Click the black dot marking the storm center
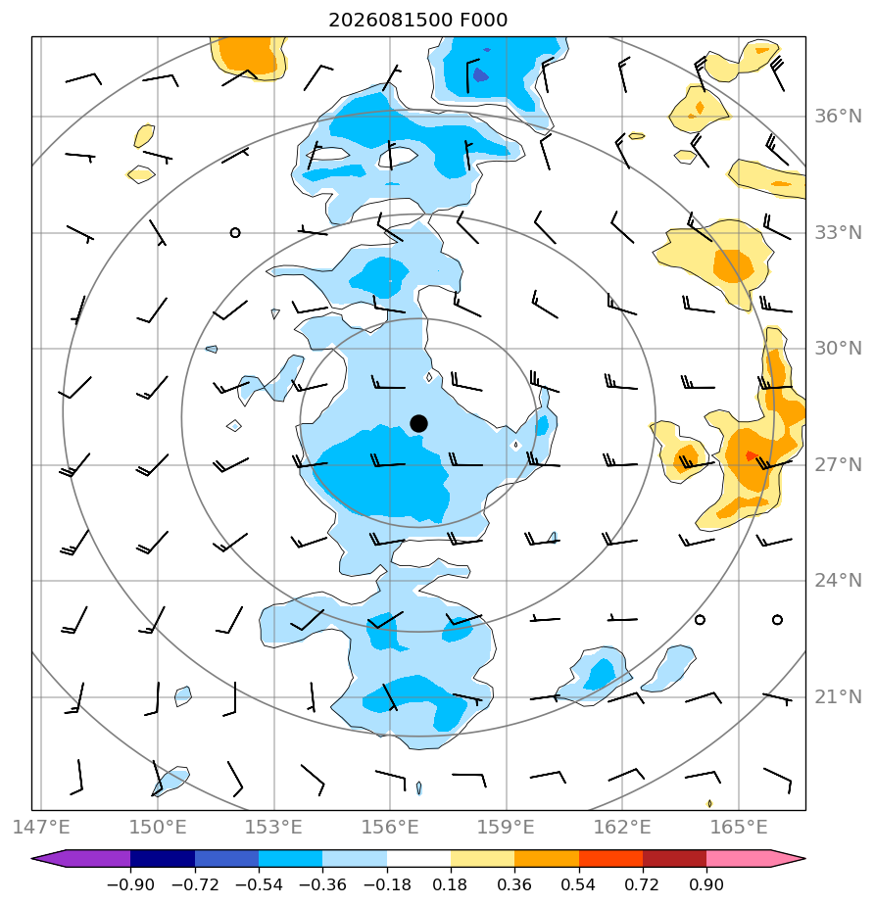418,424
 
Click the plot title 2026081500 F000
417,21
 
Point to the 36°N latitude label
838,117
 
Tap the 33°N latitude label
838,233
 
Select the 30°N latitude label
838,349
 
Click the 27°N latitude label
838,464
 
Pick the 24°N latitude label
838,581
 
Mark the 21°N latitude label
838,697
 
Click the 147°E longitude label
41,827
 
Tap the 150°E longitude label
158,827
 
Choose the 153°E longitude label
273,827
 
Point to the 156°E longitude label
390,827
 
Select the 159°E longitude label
506,827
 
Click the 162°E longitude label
622,827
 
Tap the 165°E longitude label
739,827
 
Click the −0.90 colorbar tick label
130,884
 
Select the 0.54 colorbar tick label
578,884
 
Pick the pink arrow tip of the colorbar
805,859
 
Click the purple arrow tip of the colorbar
31,859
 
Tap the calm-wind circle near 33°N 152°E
235,232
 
